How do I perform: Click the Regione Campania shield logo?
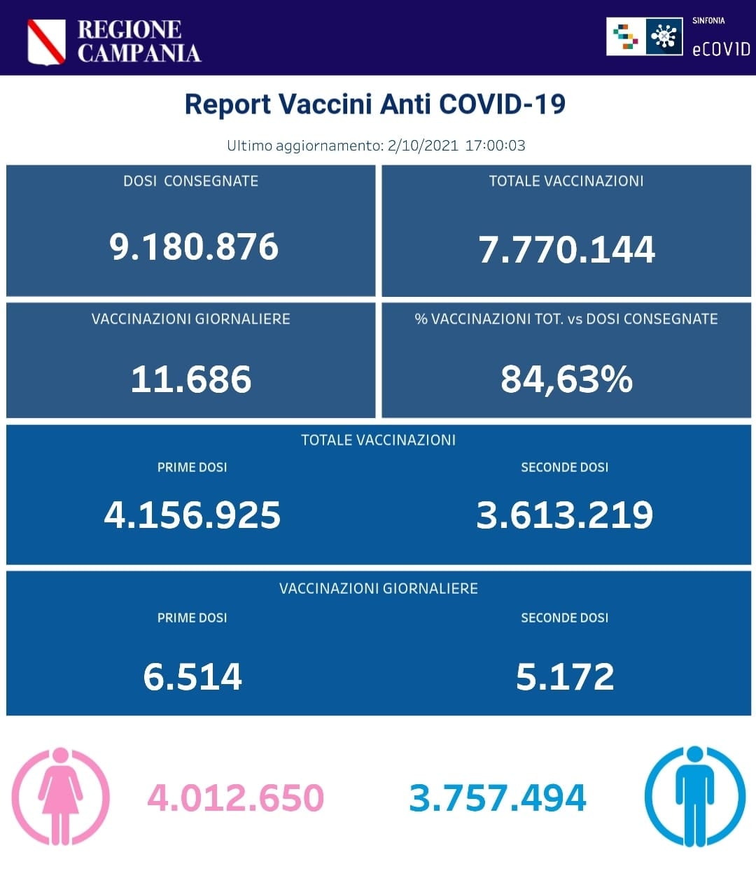pos(46,42)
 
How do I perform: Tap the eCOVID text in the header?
pos(720,49)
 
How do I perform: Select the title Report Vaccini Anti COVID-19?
pos(374,104)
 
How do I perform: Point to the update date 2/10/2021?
pos(422,146)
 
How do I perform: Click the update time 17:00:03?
pos(495,146)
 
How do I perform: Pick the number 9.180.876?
pos(194,246)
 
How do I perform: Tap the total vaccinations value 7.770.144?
pos(566,249)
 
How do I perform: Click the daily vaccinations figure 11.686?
pos(191,379)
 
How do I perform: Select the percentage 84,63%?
pos(566,379)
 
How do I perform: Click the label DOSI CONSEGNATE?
pos(190,181)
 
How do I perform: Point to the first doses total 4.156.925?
pos(192,515)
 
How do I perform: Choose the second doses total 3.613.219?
pos(564,515)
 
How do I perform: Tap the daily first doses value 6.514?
pos(192,676)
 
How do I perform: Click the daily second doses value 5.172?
pos(564,676)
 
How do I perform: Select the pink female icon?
pos(61,796)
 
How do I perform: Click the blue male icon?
pos(694,796)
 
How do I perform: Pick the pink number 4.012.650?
pos(235,798)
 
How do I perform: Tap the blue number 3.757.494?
pos(497,798)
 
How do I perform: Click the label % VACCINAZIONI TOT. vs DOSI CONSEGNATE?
pos(566,319)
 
